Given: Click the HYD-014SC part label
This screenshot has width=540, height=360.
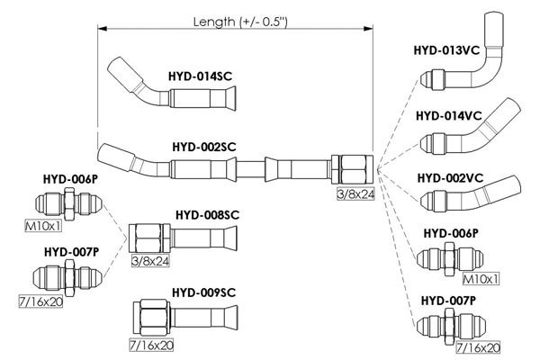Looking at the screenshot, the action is [x=200, y=76].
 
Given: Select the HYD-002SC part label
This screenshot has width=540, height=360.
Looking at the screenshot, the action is [x=204, y=147].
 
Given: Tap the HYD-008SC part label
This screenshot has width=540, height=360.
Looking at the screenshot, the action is [x=207, y=215].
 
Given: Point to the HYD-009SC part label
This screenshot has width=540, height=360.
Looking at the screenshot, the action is [x=204, y=292].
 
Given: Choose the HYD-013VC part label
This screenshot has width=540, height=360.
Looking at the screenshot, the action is [x=446, y=50].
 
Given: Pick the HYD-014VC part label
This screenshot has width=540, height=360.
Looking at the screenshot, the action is [x=449, y=116].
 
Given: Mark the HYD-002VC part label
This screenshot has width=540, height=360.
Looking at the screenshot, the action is [x=451, y=178].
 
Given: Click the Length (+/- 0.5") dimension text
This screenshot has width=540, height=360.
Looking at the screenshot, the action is [x=240, y=22].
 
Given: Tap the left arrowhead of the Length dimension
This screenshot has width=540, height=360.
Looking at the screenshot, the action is [x=103, y=29].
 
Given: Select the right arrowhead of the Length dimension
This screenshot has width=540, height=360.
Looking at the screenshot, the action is [x=368, y=29].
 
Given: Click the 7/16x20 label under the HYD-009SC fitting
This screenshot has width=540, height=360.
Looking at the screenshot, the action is [x=151, y=346].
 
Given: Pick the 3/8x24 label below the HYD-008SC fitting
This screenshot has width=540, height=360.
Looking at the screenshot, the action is [x=150, y=261].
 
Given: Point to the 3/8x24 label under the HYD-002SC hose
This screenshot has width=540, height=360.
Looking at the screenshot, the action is [x=355, y=194].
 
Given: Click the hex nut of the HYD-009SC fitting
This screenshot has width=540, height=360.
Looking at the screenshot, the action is [x=152, y=318].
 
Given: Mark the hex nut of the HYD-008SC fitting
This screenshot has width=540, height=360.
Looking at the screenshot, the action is [x=149, y=238].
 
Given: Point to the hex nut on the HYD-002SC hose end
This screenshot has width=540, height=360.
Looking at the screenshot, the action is [x=352, y=169].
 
